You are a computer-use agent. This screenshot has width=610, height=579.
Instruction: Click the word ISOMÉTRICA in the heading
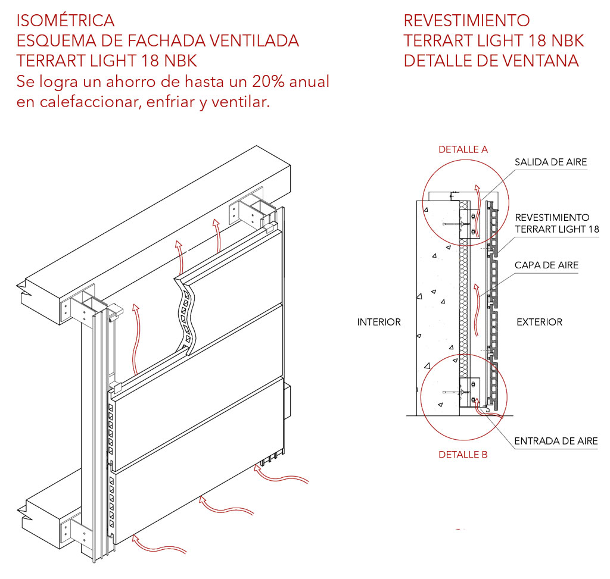click(66, 20)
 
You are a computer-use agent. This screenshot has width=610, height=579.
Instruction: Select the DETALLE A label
click(463, 149)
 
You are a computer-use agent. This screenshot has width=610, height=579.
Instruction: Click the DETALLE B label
click(463, 454)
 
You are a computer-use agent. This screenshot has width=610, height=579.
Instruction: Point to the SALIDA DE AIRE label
click(550, 162)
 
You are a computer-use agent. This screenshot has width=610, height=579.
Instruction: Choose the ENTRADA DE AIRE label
click(555, 441)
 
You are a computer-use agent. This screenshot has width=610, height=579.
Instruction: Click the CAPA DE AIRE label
click(546, 265)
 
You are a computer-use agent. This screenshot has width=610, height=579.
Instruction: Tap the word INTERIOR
click(379, 322)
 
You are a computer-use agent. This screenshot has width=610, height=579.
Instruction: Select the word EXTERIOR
click(539, 322)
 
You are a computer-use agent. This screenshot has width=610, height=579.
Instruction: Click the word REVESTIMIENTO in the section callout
click(552, 217)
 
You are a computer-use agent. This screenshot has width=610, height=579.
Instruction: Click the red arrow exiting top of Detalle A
click(477, 194)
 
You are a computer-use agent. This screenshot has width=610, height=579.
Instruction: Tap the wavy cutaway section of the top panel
click(186, 315)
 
